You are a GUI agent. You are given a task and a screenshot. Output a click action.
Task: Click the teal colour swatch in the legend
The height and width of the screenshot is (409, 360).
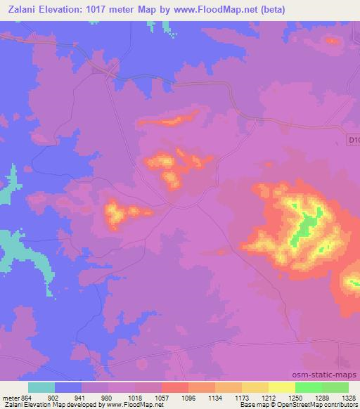click(x=41, y=387)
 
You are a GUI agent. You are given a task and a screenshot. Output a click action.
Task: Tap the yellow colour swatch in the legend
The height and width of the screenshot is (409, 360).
click(x=281, y=387)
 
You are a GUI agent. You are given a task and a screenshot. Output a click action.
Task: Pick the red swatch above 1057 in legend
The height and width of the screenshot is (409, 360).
click(x=174, y=387)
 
